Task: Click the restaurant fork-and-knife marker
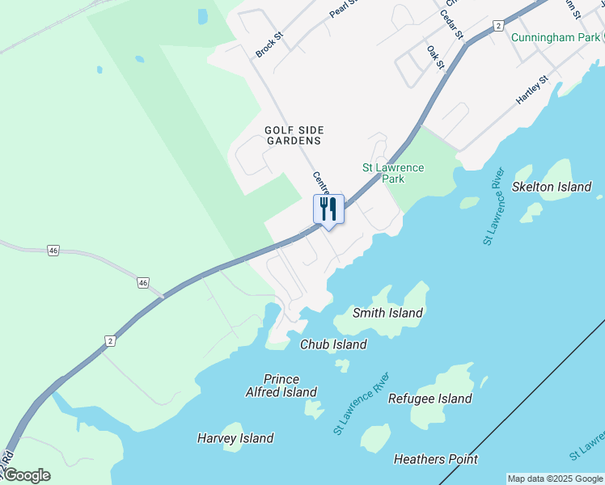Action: [328, 209]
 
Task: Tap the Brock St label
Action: [269, 45]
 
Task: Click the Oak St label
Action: [436, 57]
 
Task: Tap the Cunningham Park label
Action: [556, 37]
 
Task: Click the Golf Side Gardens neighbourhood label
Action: [294, 135]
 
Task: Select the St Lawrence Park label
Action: [392, 173]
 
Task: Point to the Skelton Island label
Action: [552, 187]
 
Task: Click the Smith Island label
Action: [387, 313]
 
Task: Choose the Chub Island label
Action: [333, 344]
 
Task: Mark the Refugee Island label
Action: [429, 399]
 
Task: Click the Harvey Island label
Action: [235, 438]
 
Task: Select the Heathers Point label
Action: [435, 459]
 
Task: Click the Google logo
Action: [26, 475]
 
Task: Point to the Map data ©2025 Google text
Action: [555, 479]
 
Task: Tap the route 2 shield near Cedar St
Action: [498, 26]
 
